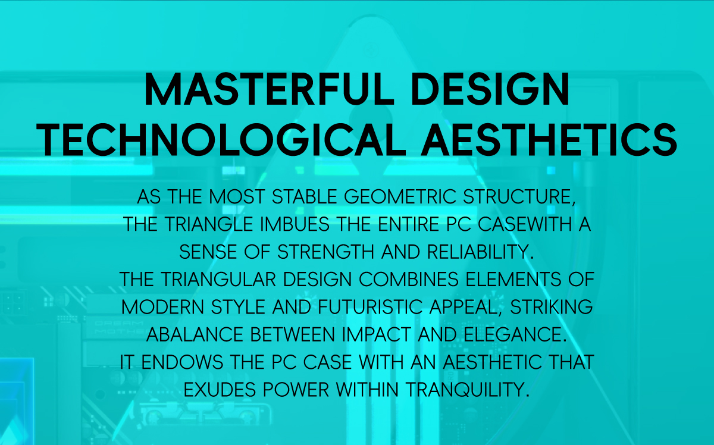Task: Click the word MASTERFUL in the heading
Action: [270, 89]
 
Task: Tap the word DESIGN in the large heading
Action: [490, 89]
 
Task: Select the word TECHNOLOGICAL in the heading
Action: [221, 140]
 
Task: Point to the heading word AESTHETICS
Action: [549, 140]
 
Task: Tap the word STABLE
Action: [305, 197]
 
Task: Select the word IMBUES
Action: [295, 224]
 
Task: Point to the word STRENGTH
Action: [325, 252]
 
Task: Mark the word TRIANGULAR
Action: [218, 280]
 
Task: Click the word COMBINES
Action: [409, 280]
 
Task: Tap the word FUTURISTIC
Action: [369, 307]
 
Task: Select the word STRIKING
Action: [551, 307]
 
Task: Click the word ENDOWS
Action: [182, 362]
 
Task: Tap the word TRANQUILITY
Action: [464, 390]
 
